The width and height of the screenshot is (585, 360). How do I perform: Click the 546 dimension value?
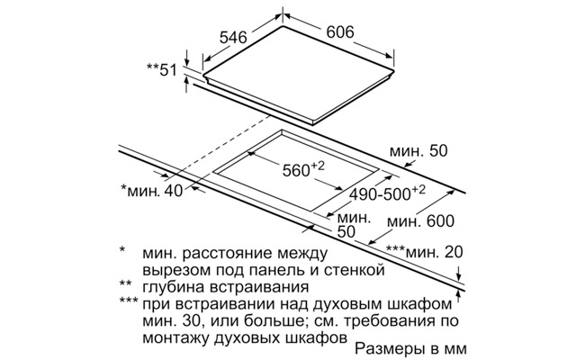(233, 37)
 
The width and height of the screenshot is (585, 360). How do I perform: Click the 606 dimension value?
(340, 32)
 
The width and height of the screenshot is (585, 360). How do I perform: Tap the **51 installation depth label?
(161, 70)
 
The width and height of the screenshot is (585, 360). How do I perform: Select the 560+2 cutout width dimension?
(303, 169)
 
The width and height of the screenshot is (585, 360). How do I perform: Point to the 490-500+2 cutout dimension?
(387, 193)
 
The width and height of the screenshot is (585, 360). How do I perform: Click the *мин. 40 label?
(152, 190)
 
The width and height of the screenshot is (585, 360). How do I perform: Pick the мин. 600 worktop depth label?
(420, 221)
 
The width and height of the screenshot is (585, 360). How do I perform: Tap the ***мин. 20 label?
(424, 252)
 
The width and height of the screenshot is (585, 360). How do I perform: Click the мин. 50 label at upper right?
(418, 151)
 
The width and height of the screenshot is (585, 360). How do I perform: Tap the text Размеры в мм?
(410, 348)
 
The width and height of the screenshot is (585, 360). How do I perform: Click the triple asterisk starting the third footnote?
(129, 301)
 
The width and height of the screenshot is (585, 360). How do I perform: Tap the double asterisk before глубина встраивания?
(125, 283)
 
